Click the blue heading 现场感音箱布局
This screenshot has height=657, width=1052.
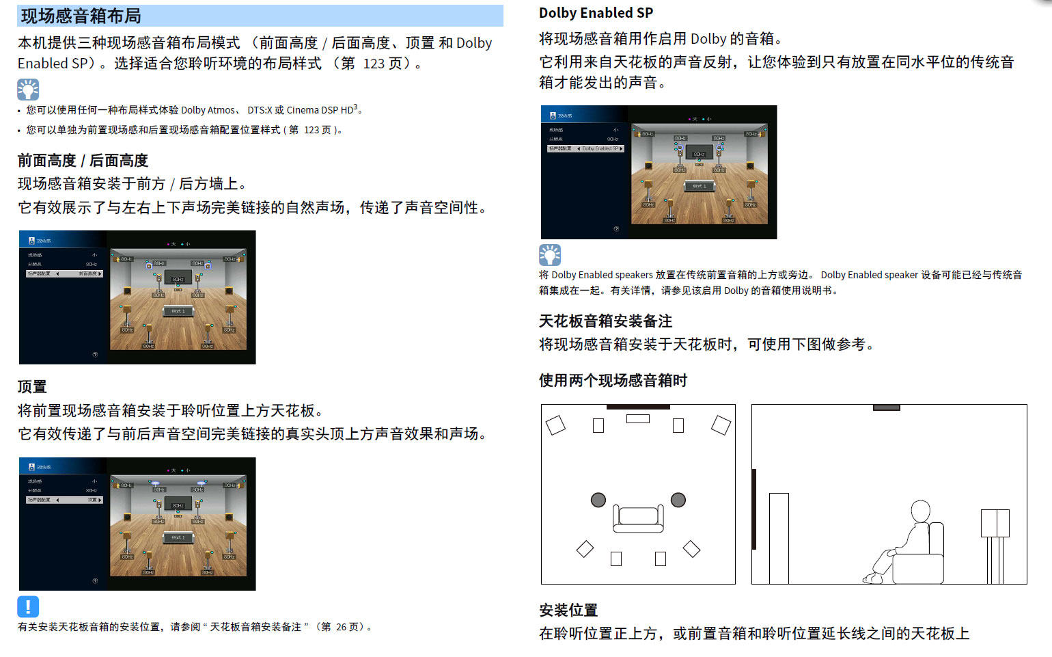[81, 16]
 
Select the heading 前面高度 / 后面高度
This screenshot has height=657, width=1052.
[83, 161]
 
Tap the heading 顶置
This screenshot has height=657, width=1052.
[32, 387]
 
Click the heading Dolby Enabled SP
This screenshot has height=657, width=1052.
[596, 13]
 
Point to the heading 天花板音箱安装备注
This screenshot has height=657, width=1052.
[605, 321]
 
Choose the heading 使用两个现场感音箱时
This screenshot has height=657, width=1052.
[613, 381]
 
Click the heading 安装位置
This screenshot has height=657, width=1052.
[568, 611]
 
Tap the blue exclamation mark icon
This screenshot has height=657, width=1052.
[28, 606]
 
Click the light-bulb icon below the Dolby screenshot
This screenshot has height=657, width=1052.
[550, 255]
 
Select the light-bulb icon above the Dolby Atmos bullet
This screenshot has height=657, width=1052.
[28, 90]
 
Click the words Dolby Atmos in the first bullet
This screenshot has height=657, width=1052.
[208, 110]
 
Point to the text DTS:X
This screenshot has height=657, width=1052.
[260, 110]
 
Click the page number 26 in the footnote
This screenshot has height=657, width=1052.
[340, 627]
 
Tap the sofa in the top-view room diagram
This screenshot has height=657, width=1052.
[638, 518]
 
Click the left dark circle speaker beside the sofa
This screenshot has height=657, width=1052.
[598, 500]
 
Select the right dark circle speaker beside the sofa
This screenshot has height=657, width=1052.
[678, 500]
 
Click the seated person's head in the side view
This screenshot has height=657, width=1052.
[921, 511]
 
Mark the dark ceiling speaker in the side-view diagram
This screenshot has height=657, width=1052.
[886, 407]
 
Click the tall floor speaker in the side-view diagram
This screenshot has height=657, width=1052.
[779, 538]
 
